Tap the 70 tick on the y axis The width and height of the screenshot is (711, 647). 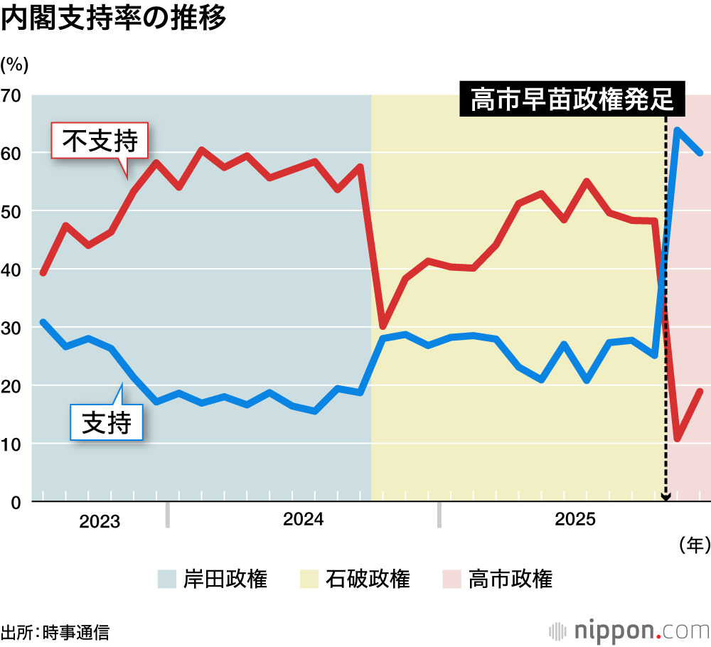pyautogui.click(x=14, y=95)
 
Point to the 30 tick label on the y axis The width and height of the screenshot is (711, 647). pyautogui.click(x=14, y=328)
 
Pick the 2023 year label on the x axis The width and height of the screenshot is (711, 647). pyautogui.click(x=100, y=520)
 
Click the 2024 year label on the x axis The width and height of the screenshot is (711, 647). pyautogui.click(x=304, y=520)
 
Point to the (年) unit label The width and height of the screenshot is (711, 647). pyautogui.click(x=694, y=545)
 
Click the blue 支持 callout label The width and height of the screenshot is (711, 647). pyautogui.click(x=107, y=424)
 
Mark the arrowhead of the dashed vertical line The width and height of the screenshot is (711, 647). pyautogui.click(x=665, y=498)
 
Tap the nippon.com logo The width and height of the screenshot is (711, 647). pyautogui.click(x=630, y=630)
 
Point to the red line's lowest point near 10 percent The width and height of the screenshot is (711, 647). pyautogui.click(x=678, y=439)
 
